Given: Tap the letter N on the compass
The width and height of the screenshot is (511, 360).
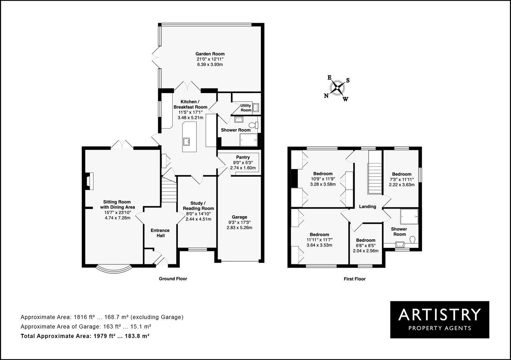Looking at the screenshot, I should click(326, 96).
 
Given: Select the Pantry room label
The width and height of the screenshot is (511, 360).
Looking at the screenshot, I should click(243, 157).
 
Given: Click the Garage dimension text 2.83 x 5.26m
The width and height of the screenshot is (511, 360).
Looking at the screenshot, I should click(239, 228).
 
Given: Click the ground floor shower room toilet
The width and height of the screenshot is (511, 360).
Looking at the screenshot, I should click(253, 125).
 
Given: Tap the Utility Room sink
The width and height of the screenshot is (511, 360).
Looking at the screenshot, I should click(255, 108).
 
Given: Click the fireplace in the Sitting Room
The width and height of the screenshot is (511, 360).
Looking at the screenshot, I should click(88, 181).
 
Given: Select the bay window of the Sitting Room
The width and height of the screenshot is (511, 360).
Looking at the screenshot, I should click(114, 269).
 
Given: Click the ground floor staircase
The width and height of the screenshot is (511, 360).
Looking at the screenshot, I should click(169, 191).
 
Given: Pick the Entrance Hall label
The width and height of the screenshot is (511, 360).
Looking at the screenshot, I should click(160, 233).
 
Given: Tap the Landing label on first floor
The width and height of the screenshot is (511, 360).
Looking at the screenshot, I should click(368, 206).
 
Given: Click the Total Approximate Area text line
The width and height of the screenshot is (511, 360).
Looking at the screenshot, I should click(85, 336).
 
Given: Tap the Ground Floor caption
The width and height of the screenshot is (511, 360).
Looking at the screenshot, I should click(173, 279).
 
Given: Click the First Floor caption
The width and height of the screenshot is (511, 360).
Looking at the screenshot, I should click(354, 279).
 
